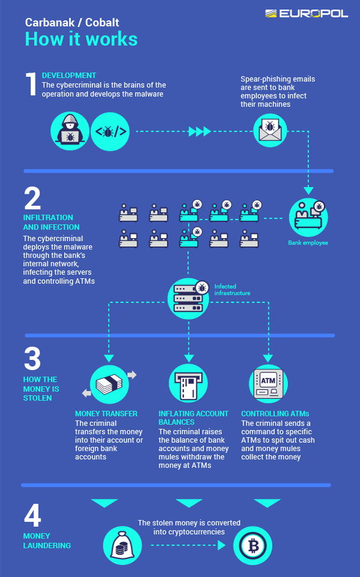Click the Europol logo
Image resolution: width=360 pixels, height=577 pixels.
306,13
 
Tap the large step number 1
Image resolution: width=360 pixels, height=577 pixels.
31,85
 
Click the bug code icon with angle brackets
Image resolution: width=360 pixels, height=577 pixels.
110,130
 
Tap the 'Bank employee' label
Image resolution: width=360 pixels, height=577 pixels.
308,243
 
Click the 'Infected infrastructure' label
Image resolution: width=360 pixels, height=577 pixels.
232,290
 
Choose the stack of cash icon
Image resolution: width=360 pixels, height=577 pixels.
109,383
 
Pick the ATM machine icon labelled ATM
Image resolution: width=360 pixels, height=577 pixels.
268,383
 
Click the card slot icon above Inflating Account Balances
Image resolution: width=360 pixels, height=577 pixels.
188,383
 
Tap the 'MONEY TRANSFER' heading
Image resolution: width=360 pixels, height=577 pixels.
106,414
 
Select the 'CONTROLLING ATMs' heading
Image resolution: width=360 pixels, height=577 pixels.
275,414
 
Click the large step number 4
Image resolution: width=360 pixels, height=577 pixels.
33,515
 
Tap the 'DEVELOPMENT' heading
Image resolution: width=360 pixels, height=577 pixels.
69,76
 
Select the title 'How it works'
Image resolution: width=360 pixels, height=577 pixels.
81,39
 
